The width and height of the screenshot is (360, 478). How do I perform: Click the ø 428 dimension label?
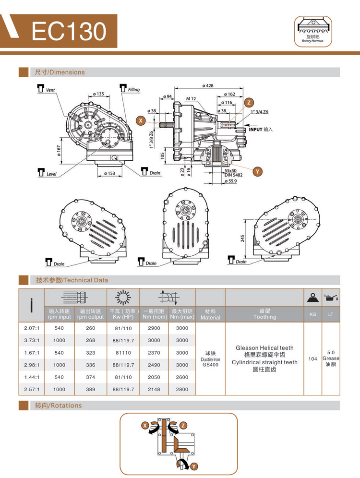(208, 86)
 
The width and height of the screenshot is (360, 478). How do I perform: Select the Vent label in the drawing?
(50, 90)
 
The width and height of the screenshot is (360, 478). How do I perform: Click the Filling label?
(133, 90)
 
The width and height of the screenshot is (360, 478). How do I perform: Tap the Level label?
(51, 173)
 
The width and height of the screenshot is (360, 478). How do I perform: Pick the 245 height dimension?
(243, 239)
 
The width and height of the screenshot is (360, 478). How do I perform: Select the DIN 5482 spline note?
(233, 175)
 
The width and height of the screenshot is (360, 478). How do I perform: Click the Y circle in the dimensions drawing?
(258, 171)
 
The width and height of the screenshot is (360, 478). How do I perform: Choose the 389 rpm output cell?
(90, 390)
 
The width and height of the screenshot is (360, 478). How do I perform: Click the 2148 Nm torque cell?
(154, 390)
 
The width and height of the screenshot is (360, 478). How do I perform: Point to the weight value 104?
(312, 358)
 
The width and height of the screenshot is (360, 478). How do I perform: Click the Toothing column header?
(264, 317)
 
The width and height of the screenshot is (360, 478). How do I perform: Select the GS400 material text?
(210, 365)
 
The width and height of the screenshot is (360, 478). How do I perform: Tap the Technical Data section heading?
(72, 280)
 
